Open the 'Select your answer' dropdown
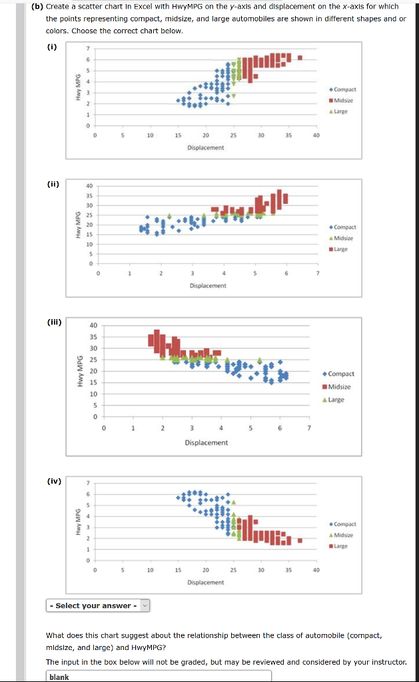(x=99, y=605)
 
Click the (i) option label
(x=51, y=47)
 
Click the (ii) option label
(x=52, y=184)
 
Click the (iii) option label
(x=53, y=322)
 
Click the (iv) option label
(x=52, y=480)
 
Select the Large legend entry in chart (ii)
(x=344, y=249)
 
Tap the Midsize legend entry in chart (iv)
(x=344, y=535)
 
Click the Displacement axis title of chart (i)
(x=205, y=147)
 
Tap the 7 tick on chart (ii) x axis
(x=318, y=273)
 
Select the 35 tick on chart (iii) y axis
(x=94, y=337)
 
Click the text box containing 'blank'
(x=160, y=676)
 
